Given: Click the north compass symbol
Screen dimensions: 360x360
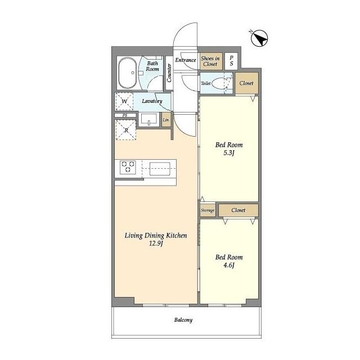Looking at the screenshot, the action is pos(259,38).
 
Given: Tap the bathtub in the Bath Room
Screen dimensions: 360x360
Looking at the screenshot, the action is pos(128,73).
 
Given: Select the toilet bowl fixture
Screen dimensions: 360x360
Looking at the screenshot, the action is pos(219,83).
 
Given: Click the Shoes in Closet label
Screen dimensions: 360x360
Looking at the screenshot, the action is pos(210,61).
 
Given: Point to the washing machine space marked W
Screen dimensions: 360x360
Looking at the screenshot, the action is pos(124,101).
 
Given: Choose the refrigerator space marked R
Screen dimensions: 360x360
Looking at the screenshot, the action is pos(126,130).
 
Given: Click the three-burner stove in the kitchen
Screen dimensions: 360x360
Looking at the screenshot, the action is pos(128,167).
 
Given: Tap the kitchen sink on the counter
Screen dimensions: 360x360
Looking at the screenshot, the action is pos(160,169).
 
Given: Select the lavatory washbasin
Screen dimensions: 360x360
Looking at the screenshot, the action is pos(149,119).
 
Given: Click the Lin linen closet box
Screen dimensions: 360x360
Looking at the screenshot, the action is pos(166,119).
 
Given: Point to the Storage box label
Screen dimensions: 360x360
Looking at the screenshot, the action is pos(208,210).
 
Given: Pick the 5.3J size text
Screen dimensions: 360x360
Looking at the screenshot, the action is pos(229,153).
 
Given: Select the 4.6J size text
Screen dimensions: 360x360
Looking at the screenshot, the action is pos(229,265).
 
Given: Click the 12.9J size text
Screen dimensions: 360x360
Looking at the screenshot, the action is pos(156,244).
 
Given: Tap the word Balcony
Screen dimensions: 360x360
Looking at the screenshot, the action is pos(183,320).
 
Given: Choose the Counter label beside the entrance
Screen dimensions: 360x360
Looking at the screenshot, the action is pos(169,73).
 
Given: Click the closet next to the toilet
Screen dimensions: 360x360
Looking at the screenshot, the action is pos(246,83).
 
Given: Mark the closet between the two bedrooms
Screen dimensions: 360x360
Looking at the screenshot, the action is pos(238,210).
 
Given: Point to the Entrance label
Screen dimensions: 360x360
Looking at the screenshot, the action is pos(186,60).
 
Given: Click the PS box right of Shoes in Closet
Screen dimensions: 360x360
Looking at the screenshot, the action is pos(231,61).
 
